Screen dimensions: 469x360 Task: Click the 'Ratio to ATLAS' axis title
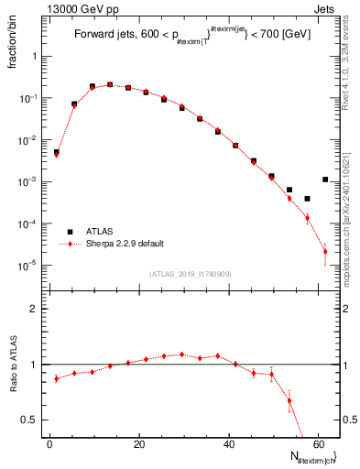[11, 365]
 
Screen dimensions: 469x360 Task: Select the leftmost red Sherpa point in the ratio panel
[57, 377]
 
